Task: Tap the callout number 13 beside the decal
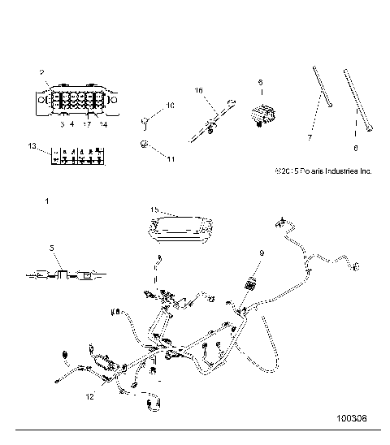32,146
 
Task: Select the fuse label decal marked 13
76,154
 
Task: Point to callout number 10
171,106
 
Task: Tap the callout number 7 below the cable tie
309,138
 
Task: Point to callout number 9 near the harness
262,253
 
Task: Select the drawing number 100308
351,421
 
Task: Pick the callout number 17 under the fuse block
85,124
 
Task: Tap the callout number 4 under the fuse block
71,124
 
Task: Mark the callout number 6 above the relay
261,82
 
